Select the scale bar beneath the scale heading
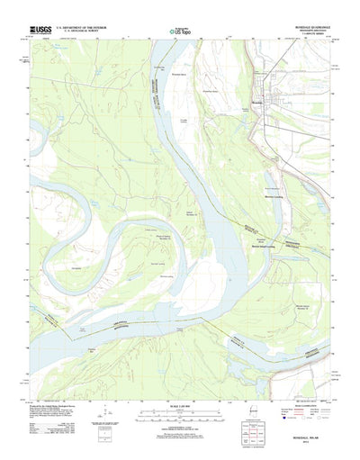pos(180,420)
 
